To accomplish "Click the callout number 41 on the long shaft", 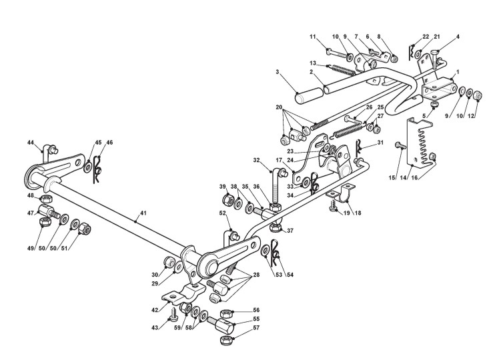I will point(141,214).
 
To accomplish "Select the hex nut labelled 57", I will point(227,340).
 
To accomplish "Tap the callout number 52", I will point(222,213).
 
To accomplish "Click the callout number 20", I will point(279,106).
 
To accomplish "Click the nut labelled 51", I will point(85,231).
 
